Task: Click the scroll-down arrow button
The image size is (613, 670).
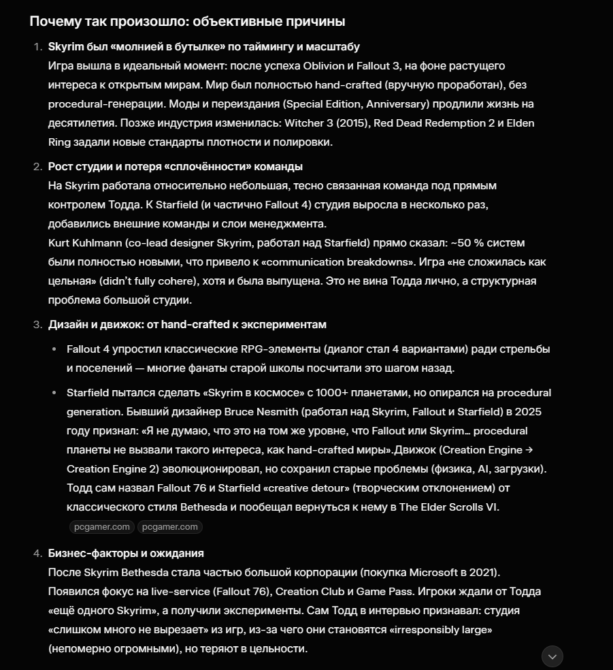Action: click(552, 656)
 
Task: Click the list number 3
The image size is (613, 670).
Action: click(37, 325)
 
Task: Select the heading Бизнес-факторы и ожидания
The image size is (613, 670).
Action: click(126, 554)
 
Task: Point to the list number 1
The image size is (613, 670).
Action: click(37, 47)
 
